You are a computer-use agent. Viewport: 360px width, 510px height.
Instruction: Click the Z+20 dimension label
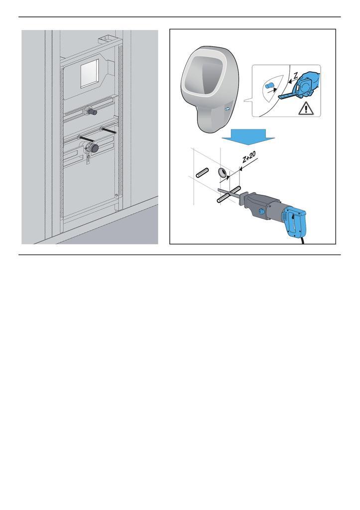point(248,159)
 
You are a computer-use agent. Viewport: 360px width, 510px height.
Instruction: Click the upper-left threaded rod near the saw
point(202,174)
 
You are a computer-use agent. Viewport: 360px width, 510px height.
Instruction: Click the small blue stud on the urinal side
point(227,109)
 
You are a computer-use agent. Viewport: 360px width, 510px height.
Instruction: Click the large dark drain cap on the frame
point(93,147)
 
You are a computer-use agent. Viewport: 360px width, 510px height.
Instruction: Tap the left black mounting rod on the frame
point(86,140)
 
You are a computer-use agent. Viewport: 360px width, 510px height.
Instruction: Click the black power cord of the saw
point(305,242)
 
